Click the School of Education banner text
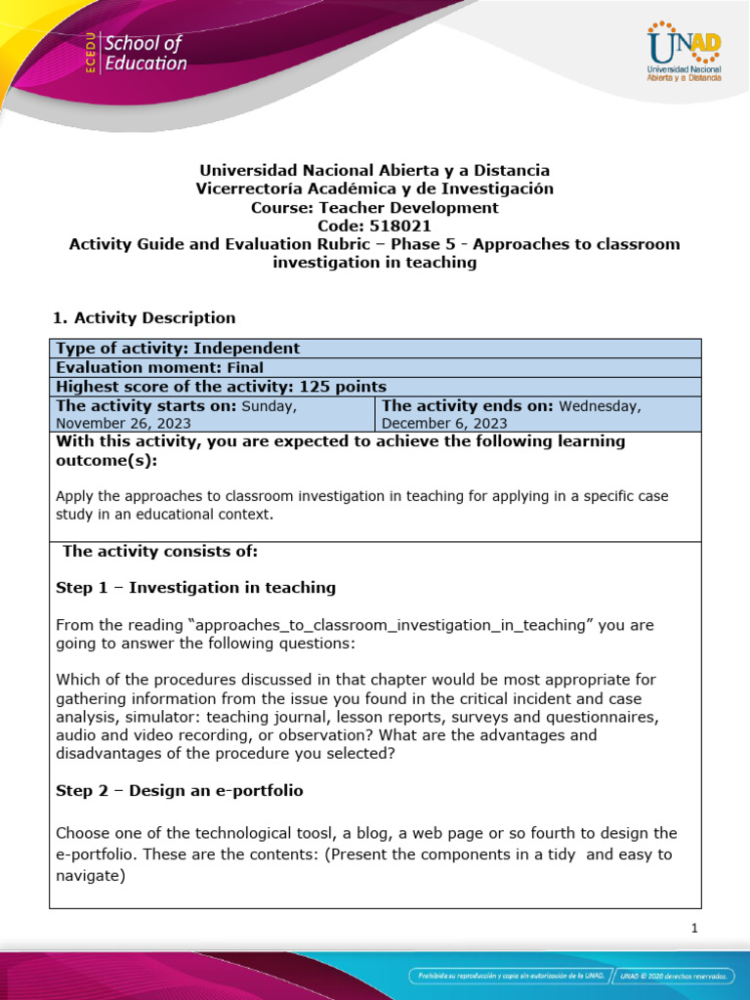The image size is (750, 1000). [x=145, y=54]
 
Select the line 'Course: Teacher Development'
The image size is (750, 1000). [x=374, y=207]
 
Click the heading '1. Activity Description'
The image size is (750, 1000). [x=143, y=317]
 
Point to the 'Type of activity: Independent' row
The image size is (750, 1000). [x=178, y=349]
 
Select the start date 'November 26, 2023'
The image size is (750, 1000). [x=123, y=423]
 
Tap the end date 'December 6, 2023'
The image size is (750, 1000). [x=444, y=423]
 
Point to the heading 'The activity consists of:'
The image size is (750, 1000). [x=159, y=551]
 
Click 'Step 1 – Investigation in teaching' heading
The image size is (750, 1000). [x=195, y=587]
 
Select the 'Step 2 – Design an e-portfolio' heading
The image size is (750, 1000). [x=187, y=790]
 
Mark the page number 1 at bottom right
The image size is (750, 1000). [x=694, y=929]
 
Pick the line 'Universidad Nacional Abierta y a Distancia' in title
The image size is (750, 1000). [x=374, y=170]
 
